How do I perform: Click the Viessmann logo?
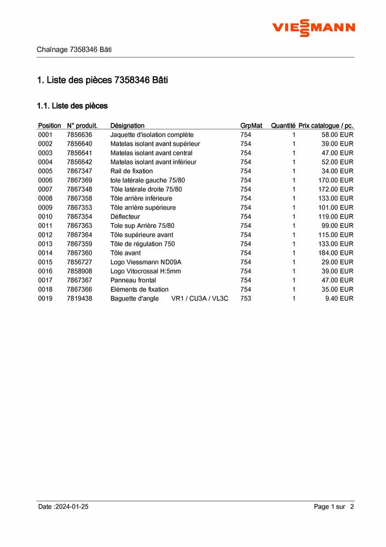[x=314, y=27]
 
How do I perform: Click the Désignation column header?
[x=127, y=126]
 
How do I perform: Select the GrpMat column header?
[x=251, y=126]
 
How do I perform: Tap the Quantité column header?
[x=283, y=126]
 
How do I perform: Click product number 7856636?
[x=79, y=135]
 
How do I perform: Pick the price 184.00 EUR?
[x=336, y=253]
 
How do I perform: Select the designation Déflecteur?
[x=125, y=216]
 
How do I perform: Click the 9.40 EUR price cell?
[x=339, y=298]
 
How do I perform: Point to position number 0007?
[x=45, y=189]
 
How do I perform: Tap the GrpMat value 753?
[x=245, y=298]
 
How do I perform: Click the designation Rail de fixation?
[x=131, y=171]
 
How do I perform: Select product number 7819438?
[x=79, y=298]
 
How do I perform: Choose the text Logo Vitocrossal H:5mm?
[x=145, y=271]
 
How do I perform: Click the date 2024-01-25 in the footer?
[x=71, y=507]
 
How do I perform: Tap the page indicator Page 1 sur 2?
[x=334, y=507]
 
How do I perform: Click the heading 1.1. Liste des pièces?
[x=72, y=105]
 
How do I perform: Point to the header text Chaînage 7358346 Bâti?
[x=74, y=49]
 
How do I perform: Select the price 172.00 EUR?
[x=336, y=189]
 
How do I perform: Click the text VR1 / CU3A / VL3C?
[x=199, y=298]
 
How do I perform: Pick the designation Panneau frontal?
[x=133, y=280]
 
